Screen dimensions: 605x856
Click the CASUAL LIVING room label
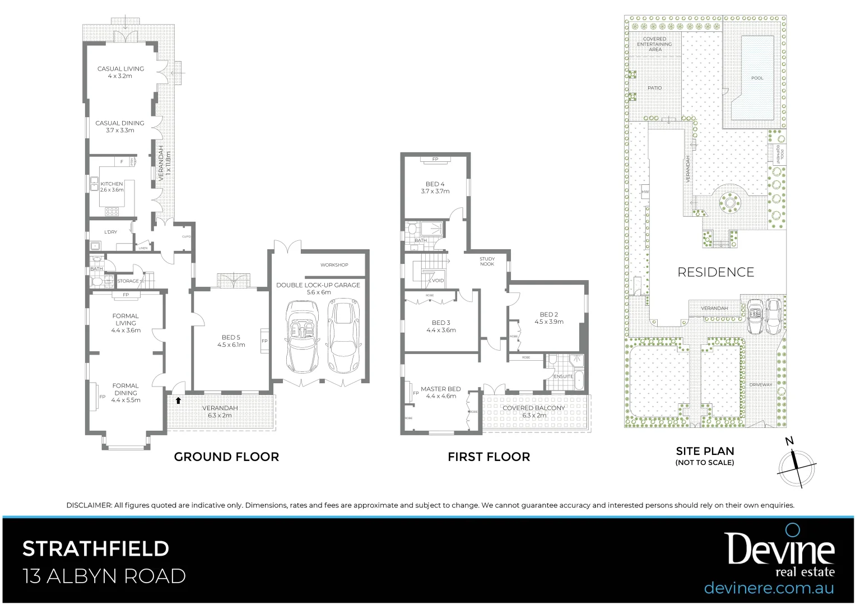point(120,69)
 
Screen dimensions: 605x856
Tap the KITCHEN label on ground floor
point(111,184)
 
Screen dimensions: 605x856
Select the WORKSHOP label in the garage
point(334,265)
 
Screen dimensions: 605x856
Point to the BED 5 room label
point(231,337)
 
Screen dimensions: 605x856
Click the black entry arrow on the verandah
point(178,401)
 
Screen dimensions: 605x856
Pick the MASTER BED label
point(441,389)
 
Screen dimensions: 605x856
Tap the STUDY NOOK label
point(487,261)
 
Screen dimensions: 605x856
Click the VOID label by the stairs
point(438,281)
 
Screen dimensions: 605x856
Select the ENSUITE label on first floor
point(563,376)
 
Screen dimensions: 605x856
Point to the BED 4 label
point(435,184)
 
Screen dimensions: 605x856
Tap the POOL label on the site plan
point(757,78)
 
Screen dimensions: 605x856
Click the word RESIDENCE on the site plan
point(715,272)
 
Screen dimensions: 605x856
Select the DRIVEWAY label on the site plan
point(761,385)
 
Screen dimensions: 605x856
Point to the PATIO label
point(654,88)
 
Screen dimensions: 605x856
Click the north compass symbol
point(797,464)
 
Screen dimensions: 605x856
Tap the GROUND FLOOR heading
point(226,457)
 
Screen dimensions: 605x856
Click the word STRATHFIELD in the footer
point(95,548)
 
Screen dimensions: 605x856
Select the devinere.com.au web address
point(769,588)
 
